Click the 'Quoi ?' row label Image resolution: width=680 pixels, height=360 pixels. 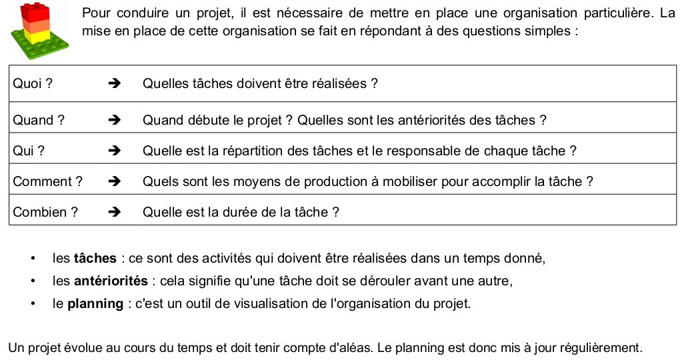pos(33,84)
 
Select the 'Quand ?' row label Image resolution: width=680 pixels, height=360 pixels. pos(39,121)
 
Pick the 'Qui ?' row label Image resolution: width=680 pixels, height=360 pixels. pos(29,151)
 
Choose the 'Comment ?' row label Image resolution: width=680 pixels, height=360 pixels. pos(47,181)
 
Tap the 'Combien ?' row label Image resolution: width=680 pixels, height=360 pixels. pos(45,213)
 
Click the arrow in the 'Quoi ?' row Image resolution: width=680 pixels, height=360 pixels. pos(114,84)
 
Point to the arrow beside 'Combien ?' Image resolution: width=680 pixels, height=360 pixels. pos(114,213)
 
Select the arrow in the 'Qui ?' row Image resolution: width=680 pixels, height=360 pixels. pos(114,151)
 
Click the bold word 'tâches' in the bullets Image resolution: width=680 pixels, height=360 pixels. pos(95,258)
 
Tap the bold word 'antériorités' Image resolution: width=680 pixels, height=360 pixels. pos(111,281)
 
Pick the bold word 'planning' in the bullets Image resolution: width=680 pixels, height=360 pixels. pos(95,304)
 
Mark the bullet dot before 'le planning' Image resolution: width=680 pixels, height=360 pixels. pos(32,304)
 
